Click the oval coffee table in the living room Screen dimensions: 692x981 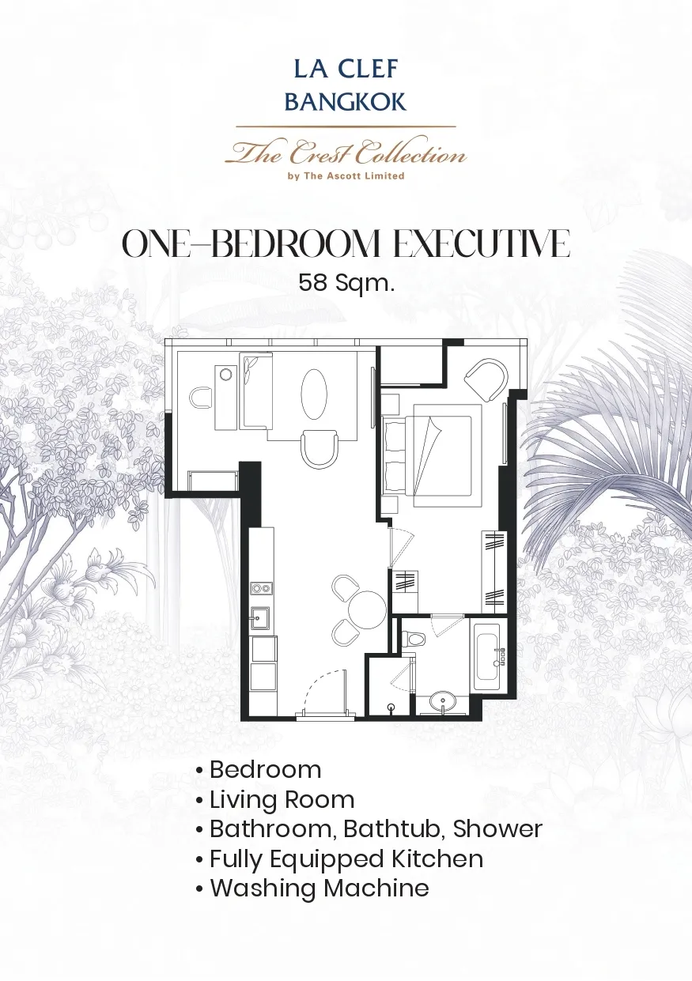[x=314, y=394]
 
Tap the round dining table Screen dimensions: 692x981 [x=367, y=610]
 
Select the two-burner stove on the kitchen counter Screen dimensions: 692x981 [x=261, y=588]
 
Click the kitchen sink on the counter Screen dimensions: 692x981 [x=260, y=618]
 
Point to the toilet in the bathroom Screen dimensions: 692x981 [x=414, y=639]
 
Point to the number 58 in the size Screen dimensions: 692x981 [x=313, y=282]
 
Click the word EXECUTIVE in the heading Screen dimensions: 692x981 [x=482, y=243]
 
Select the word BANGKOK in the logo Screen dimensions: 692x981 [x=346, y=102]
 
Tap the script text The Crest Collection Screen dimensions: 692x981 [x=346, y=152]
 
